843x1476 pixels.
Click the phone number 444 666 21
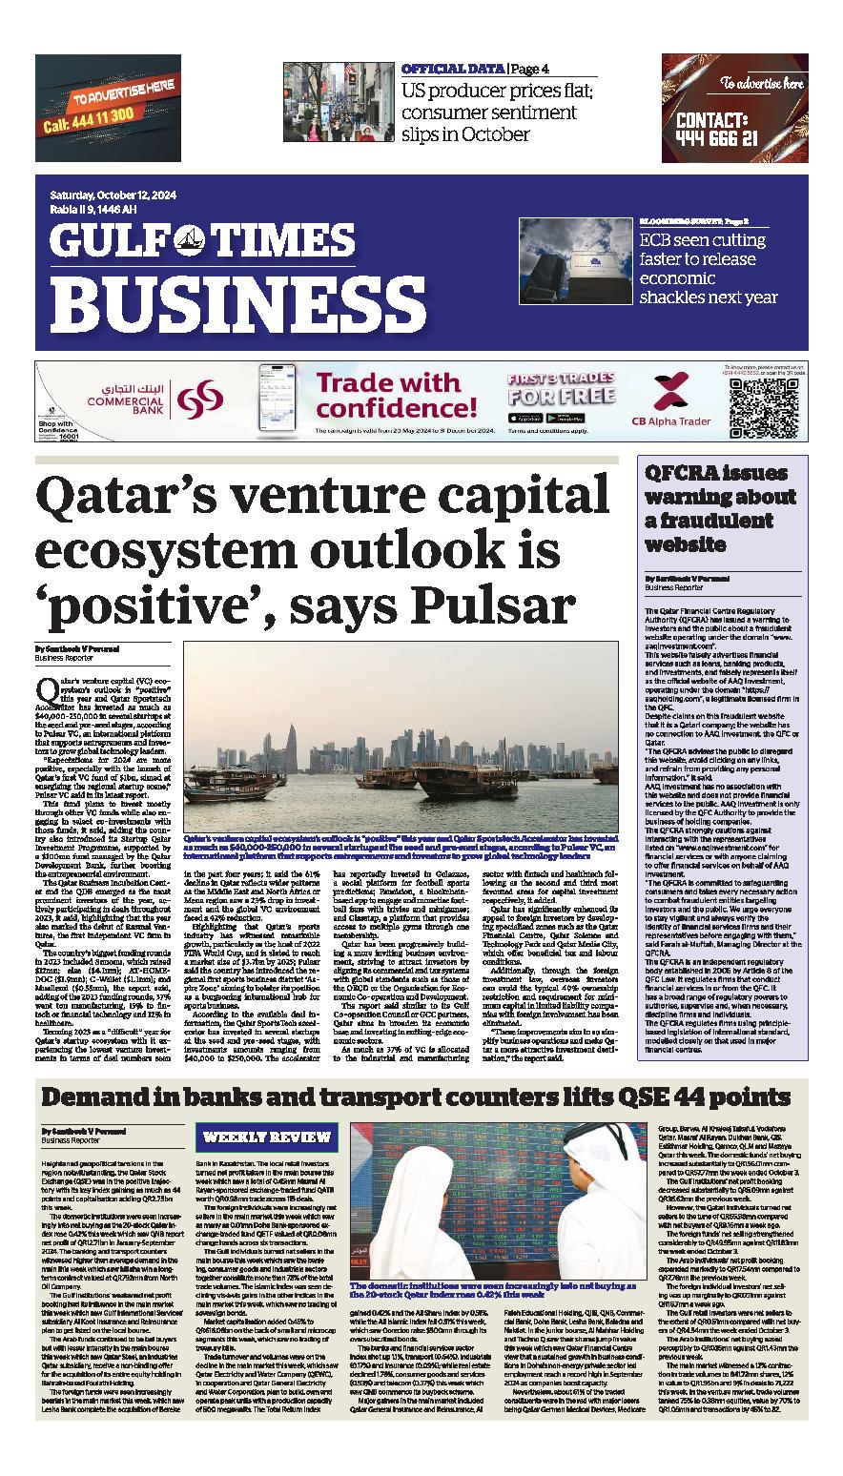tap(718, 137)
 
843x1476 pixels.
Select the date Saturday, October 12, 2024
tap(111, 196)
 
